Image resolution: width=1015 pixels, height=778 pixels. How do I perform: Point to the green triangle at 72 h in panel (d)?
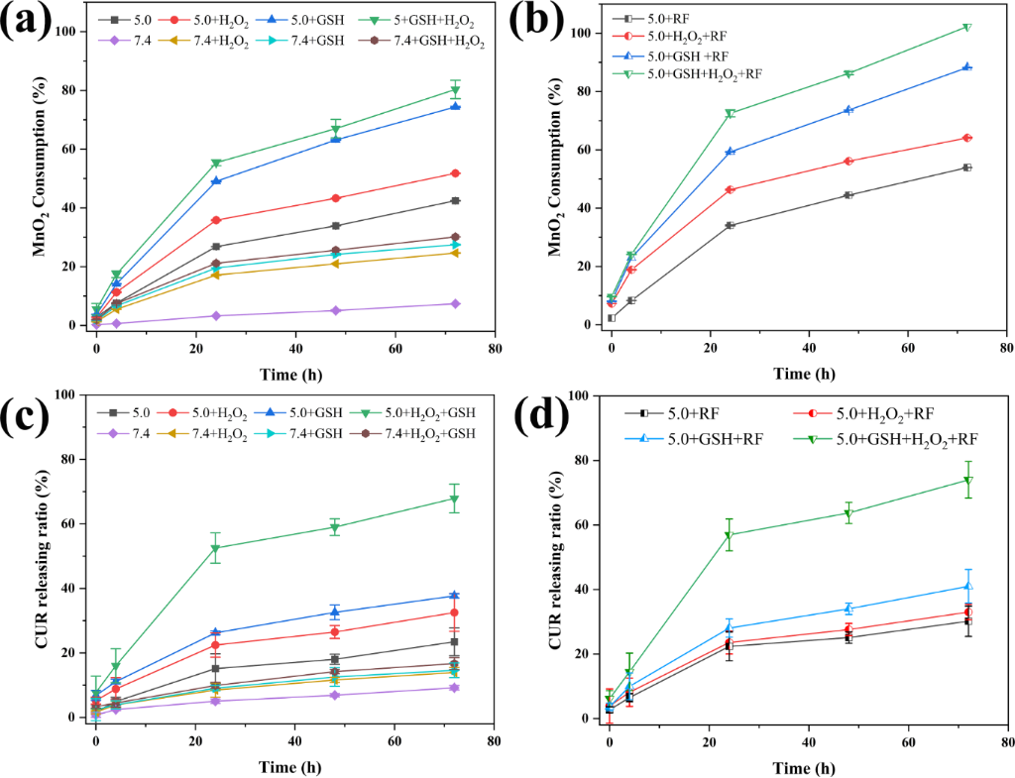click(967, 481)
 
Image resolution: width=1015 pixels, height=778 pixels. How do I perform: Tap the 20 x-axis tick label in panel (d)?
click(709, 742)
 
